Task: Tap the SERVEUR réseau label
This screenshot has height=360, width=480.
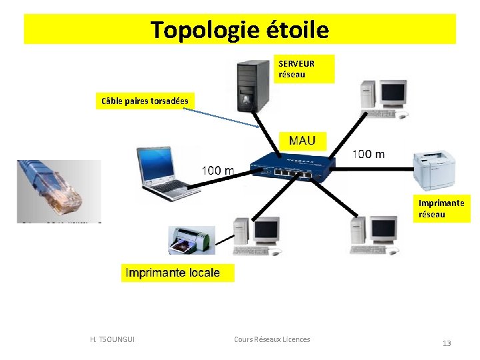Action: (x=297, y=69)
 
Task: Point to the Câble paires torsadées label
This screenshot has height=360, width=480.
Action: (x=145, y=101)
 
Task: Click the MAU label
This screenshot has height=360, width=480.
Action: (x=302, y=141)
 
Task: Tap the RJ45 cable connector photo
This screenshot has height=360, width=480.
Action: (x=59, y=191)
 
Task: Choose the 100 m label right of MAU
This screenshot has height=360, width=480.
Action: (x=368, y=154)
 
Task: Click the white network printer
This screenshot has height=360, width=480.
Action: (x=435, y=171)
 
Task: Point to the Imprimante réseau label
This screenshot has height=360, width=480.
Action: (x=441, y=208)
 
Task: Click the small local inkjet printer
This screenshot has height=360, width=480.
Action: (x=191, y=240)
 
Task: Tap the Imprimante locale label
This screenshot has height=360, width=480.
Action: (x=172, y=273)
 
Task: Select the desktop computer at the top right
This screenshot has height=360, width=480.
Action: (x=383, y=99)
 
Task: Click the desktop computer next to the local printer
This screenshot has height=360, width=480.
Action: (x=257, y=237)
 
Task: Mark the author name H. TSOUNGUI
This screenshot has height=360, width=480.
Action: (x=112, y=339)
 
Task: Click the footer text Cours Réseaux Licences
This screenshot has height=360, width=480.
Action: (x=272, y=339)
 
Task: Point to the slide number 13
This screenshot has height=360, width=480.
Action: (x=447, y=343)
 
